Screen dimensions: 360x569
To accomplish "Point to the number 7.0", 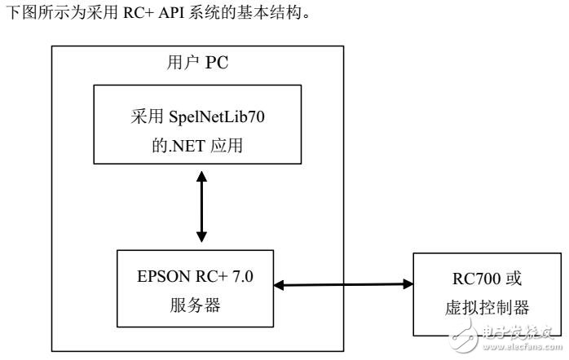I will pos(243,276).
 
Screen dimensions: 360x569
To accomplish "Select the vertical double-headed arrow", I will pos(201,207).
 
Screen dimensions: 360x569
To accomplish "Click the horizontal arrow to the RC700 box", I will pos(342,284).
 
